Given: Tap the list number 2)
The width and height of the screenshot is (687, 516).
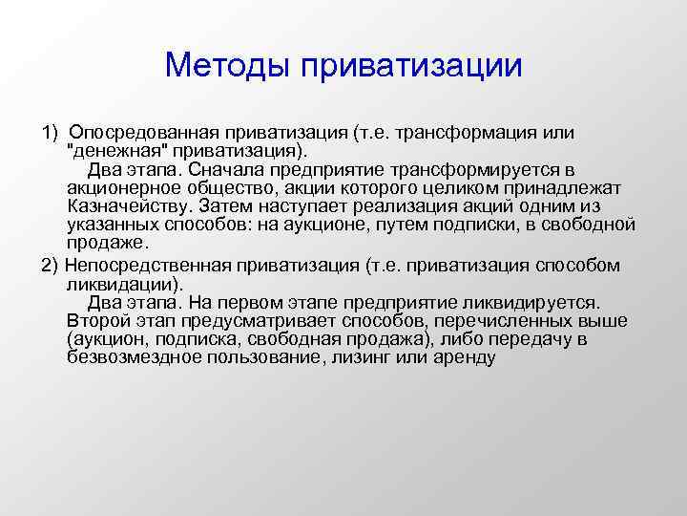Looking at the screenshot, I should click(50, 265).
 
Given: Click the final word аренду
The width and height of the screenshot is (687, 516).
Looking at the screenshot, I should click(462, 358).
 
